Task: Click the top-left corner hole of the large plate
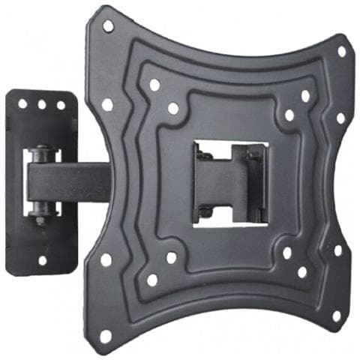tap(108, 26)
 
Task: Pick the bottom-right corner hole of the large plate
tap(336, 316)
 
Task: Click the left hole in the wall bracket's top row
tap(22, 104)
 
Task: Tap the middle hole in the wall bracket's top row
tap(42, 104)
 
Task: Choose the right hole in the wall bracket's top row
tap(61, 104)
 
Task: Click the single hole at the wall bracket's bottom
tap(42, 260)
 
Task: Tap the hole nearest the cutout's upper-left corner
tap(173, 109)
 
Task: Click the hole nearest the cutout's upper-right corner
tap(289, 115)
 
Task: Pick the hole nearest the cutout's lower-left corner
tap(172, 257)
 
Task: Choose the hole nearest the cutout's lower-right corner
tap(286, 253)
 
